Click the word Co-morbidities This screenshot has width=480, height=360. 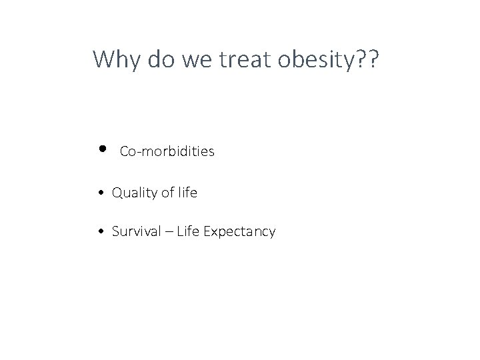pyautogui.click(x=167, y=152)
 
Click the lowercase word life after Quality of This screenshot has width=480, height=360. pyautogui.click(x=187, y=193)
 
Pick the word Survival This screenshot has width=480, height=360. pyautogui.click(x=135, y=232)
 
